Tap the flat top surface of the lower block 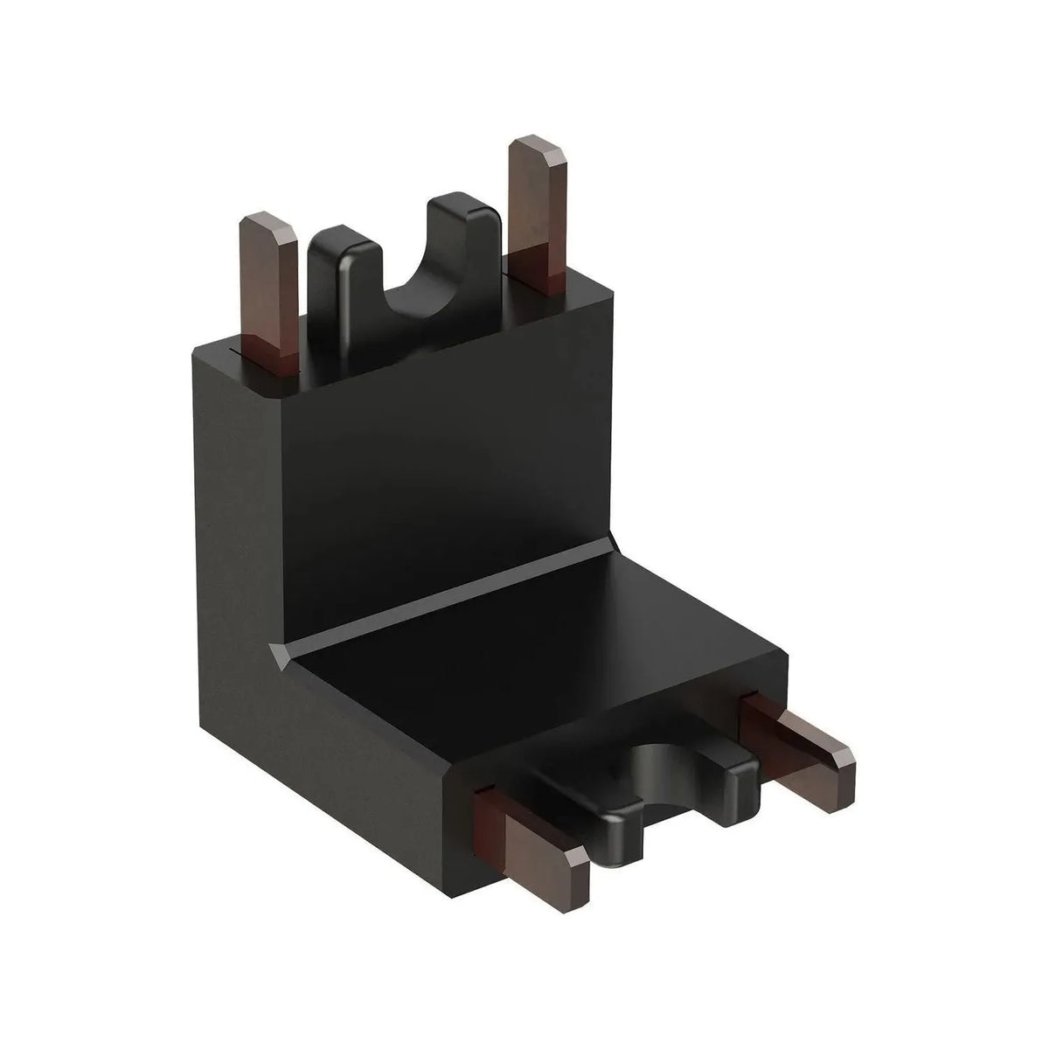click(x=559, y=664)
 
